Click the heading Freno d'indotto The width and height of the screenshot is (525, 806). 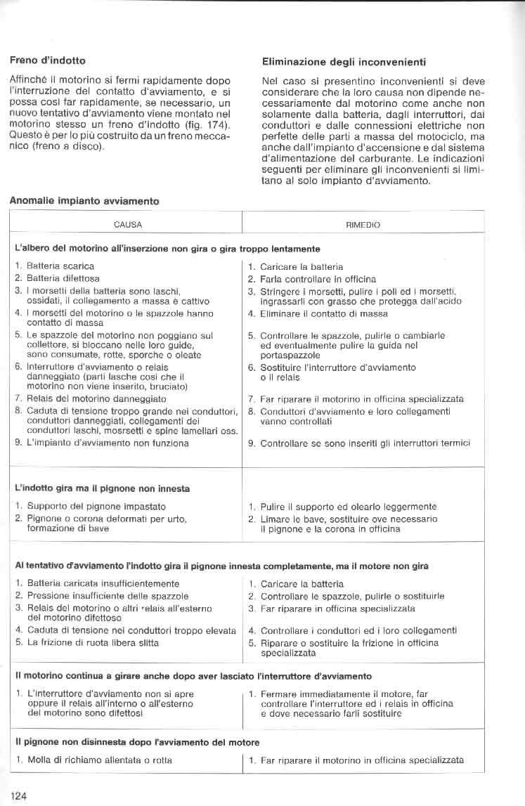(x=47, y=60)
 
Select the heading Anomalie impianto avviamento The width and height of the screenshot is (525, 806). (x=84, y=201)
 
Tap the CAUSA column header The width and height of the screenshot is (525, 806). (x=128, y=226)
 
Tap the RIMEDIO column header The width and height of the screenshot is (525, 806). (x=363, y=226)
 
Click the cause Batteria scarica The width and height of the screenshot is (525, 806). (x=59, y=266)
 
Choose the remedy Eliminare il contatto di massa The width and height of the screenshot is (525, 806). (x=323, y=314)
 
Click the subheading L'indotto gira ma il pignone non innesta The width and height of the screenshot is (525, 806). (x=102, y=488)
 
